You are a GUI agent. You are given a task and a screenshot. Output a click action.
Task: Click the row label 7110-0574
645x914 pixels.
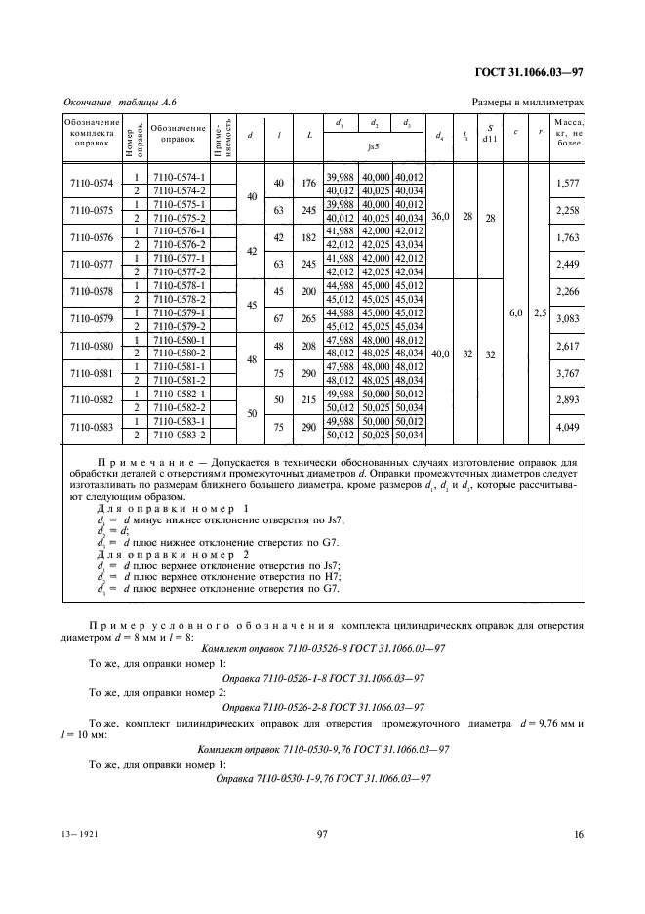pos(92,184)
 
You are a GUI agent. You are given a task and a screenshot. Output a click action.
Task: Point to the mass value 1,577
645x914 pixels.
pos(566,184)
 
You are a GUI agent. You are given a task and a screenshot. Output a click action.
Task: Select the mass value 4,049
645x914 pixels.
pos(566,426)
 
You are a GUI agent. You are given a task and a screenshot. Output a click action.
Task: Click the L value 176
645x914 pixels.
pos(309,184)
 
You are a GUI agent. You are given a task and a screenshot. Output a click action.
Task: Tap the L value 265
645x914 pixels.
pos(309,318)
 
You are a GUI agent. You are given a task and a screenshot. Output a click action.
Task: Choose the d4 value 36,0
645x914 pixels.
pos(440,218)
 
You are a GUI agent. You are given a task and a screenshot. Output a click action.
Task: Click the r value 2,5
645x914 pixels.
pos(541,312)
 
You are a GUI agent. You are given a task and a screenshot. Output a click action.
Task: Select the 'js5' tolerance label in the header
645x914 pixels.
pos(373,147)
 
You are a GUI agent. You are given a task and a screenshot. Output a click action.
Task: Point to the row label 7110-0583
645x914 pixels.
pos(92,426)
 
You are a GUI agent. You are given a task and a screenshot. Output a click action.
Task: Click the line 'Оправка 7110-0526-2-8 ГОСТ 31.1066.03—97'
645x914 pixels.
pos(323,707)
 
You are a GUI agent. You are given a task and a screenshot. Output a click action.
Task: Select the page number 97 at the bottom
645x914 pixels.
pos(322,834)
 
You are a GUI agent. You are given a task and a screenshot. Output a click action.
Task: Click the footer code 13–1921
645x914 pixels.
pos(83,835)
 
